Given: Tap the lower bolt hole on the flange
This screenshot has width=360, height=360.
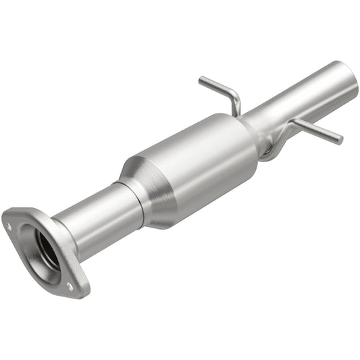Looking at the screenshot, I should (x=70, y=286).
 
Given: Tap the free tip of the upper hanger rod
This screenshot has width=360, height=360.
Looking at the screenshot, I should (x=201, y=81).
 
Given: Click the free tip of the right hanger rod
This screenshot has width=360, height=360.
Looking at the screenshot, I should (x=340, y=140).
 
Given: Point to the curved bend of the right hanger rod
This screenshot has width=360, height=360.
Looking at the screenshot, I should (x=292, y=124).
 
